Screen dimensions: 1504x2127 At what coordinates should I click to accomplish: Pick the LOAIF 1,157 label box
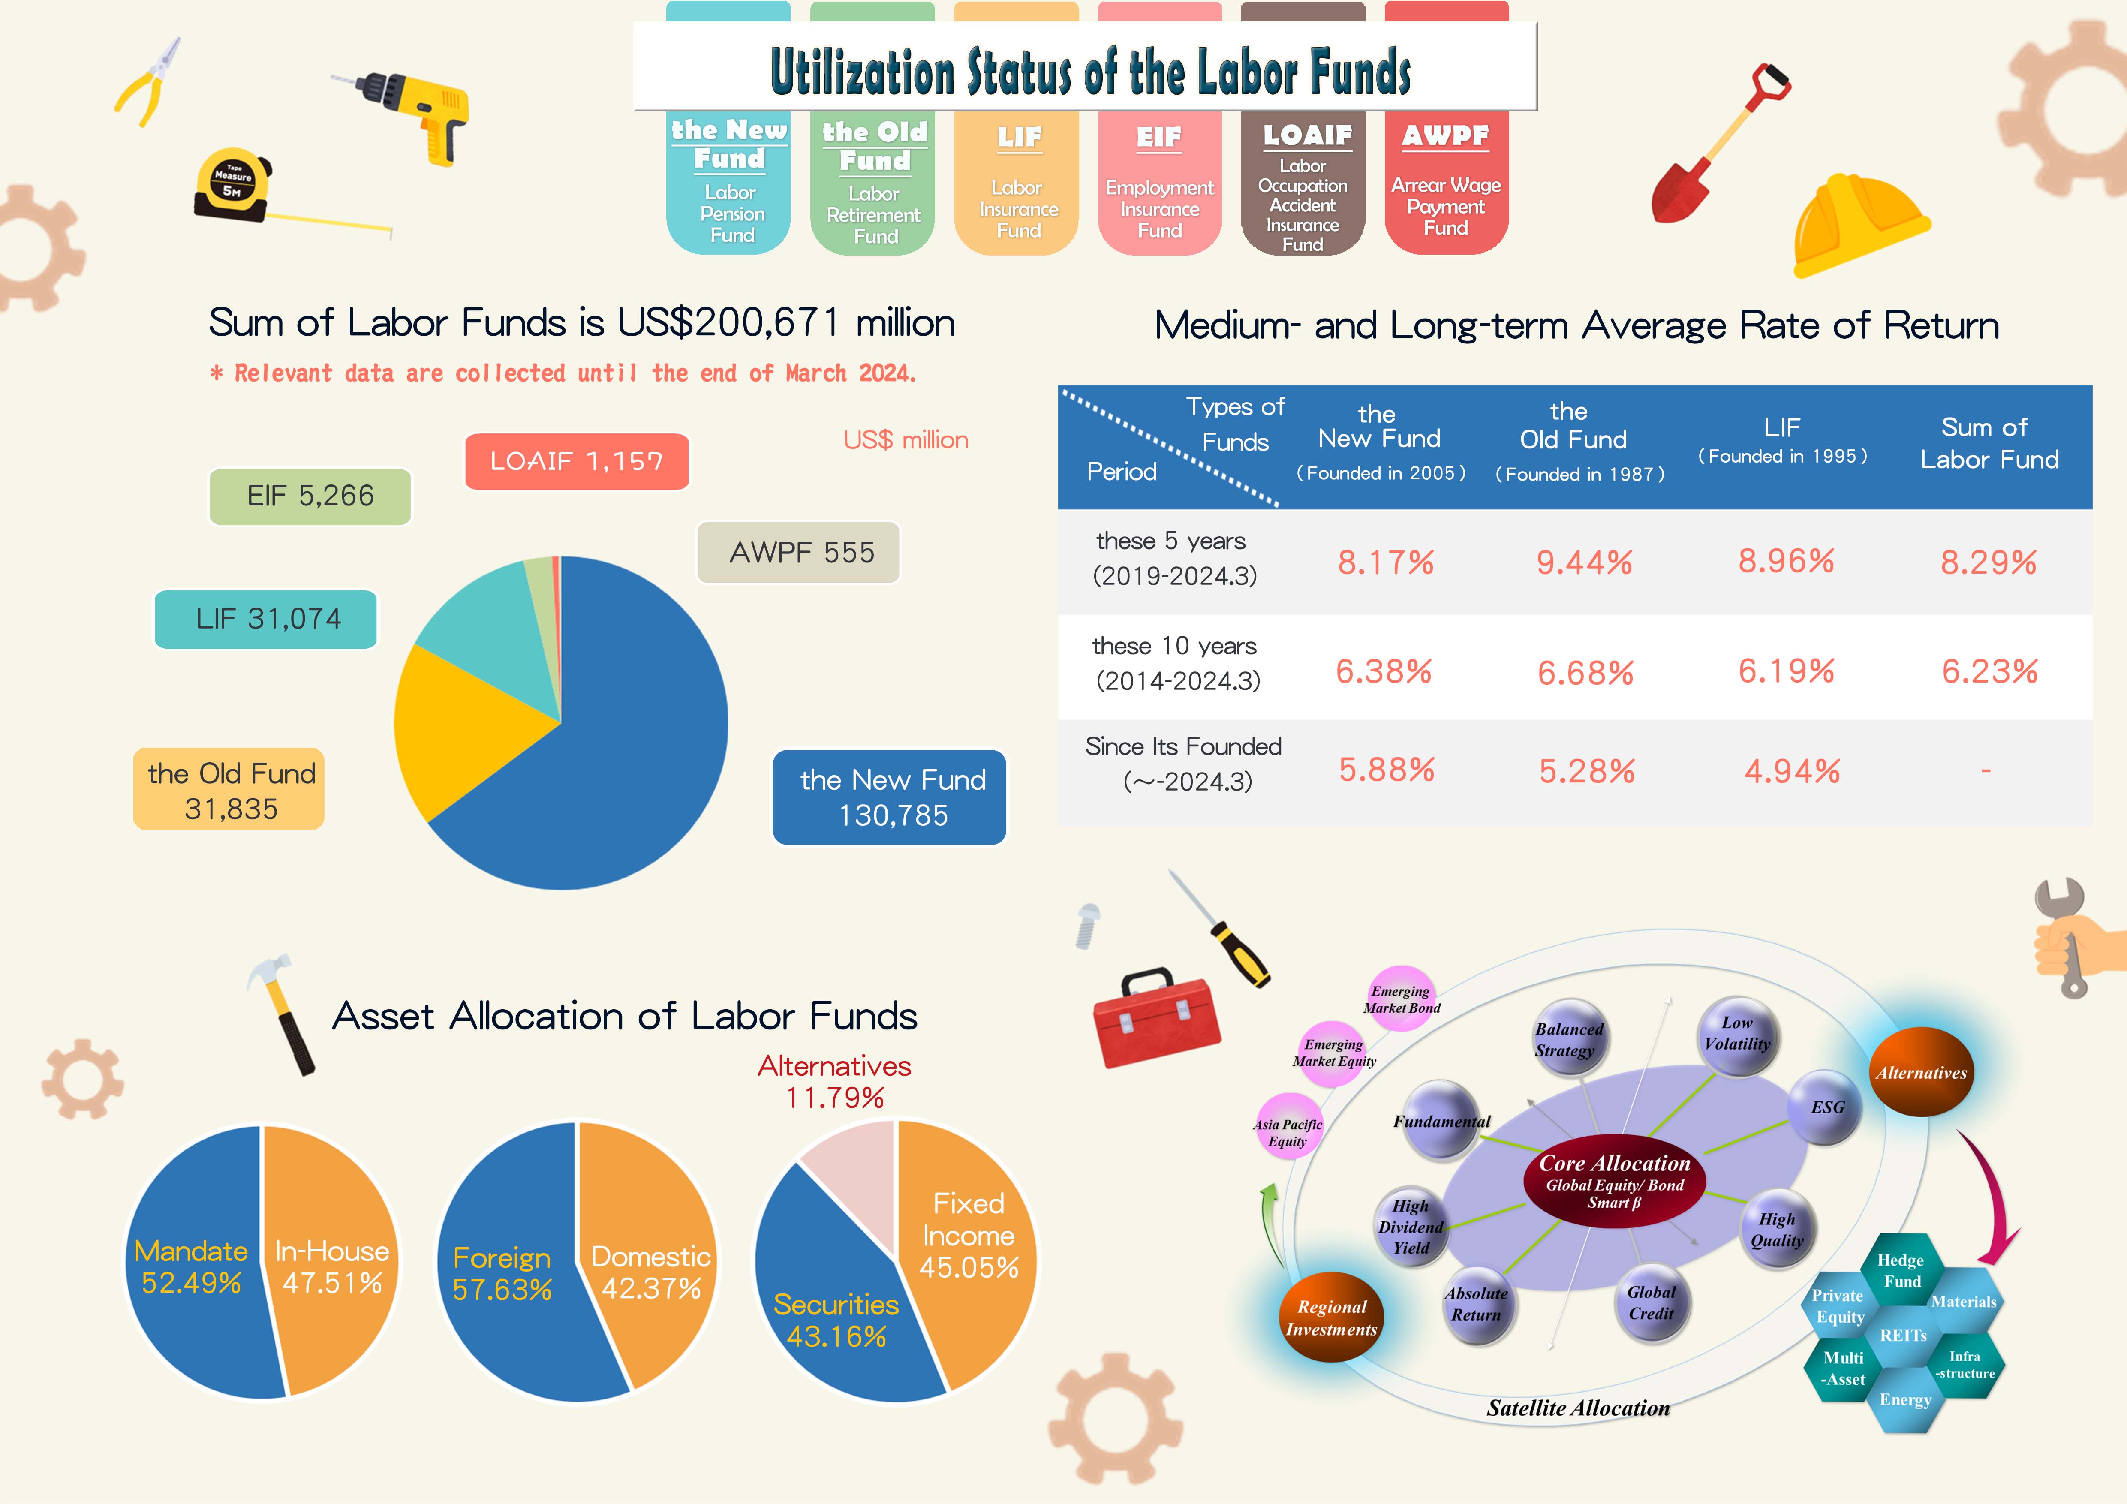(576, 461)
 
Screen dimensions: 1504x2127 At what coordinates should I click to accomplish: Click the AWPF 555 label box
(799, 553)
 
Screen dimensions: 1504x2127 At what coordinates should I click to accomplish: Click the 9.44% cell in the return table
(1584, 562)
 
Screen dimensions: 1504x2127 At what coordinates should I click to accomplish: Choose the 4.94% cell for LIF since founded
(1791, 770)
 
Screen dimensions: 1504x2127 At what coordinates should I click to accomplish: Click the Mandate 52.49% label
(191, 1267)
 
